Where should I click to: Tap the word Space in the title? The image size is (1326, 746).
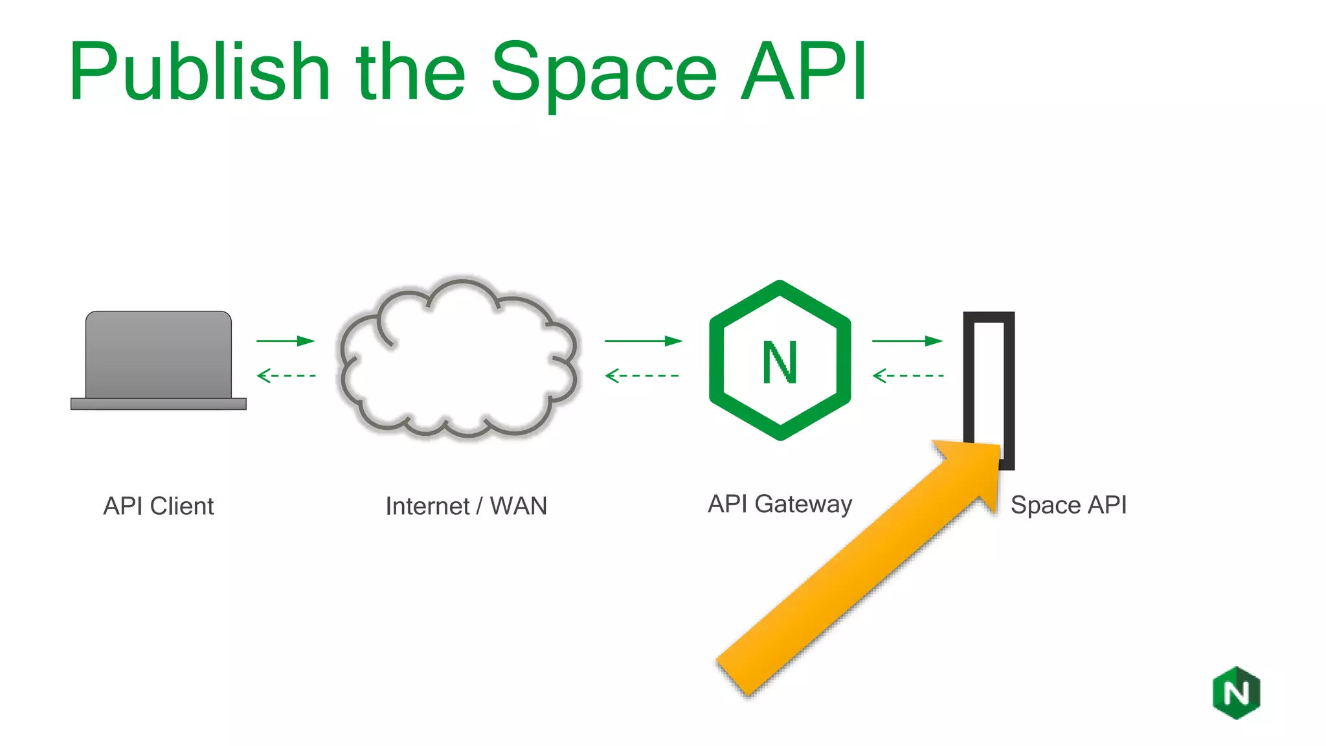[603, 73]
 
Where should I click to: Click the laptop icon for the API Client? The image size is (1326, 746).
[159, 360]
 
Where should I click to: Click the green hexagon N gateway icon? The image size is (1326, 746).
[780, 360]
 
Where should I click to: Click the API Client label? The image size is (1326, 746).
[159, 506]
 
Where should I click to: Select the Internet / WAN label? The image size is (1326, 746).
[466, 506]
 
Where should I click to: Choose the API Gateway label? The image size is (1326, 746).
[780, 504]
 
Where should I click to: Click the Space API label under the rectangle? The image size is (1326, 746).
[1068, 504]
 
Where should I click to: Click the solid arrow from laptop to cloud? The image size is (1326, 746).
[285, 341]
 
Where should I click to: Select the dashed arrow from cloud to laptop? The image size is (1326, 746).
[286, 376]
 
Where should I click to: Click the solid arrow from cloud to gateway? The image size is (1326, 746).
[643, 341]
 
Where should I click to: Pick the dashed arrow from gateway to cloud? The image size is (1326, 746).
[642, 376]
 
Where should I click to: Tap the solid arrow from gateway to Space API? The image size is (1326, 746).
[907, 341]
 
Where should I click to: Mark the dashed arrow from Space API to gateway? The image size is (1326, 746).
[908, 376]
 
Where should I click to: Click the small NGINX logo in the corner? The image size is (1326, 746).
[1236, 693]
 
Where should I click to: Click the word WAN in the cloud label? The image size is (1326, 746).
[518, 506]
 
